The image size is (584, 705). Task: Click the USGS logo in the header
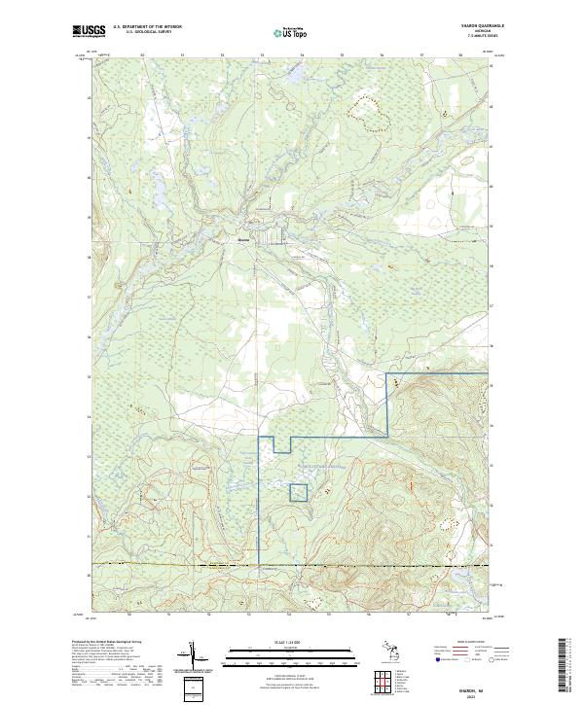click(x=89, y=31)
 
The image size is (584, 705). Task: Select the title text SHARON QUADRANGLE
click(x=484, y=26)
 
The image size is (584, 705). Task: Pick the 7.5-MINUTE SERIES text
click(x=484, y=37)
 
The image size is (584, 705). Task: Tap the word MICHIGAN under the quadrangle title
click(x=484, y=32)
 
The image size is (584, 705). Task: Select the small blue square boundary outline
click(x=299, y=492)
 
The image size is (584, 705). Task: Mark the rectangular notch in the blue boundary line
click(x=282, y=445)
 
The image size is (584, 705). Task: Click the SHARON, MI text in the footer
click(x=484, y=684)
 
